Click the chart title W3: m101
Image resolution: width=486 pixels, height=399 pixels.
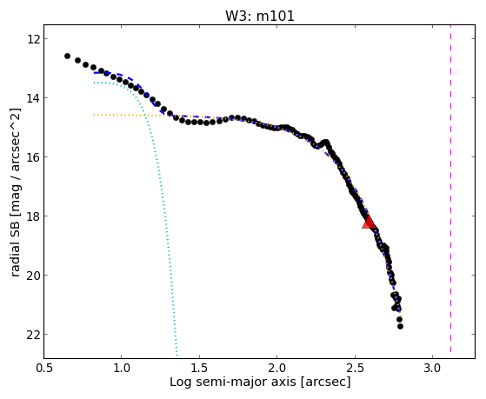point(259,16)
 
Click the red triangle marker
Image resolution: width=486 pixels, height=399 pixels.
point(369,223)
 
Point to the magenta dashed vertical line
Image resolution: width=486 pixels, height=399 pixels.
point(450,189)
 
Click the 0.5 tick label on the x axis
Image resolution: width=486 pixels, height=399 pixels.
point(43,368)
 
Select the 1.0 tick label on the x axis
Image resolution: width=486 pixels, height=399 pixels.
point(122,368)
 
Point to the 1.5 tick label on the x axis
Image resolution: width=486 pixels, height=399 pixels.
point(199,368)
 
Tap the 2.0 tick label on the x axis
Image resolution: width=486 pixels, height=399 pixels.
point(277,368)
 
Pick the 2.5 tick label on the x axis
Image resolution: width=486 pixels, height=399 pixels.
point(355,368)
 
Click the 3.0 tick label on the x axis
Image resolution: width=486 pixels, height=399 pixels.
point(433,368)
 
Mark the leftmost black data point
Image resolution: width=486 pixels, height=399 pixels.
point(67,57)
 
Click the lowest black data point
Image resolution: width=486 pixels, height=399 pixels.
point(400,327)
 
